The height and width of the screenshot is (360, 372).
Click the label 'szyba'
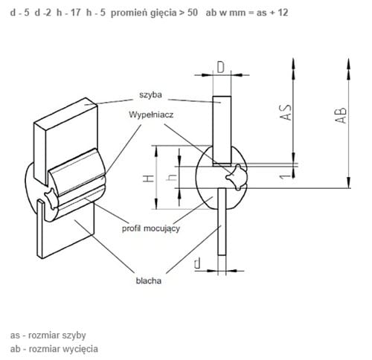coord(150,95)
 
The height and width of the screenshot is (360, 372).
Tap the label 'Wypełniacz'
coord(151,115)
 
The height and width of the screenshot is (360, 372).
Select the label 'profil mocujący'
coord(151,228)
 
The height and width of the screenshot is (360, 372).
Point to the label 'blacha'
coord(149,280)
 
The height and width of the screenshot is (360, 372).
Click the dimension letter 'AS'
coord(286,112)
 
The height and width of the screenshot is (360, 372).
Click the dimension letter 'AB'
coord(341,115)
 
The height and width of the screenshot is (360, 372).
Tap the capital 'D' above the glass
coord(221,67)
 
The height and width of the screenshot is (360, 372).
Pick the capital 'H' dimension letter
coord(149,179)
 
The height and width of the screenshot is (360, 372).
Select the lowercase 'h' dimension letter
coord(172,177)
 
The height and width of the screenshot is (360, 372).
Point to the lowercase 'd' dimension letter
coord(198,263)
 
